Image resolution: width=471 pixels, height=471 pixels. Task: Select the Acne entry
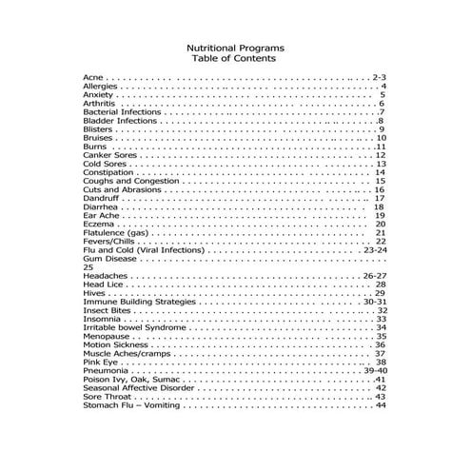click(x=93, y=75)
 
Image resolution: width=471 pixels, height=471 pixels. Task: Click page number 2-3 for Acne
click(x=378, y=75)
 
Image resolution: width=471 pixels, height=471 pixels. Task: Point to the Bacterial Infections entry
click(x=121, y=112)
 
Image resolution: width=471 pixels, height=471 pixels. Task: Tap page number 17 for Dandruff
click(x=379, y=198)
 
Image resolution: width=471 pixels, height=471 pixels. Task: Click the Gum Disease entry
click(x=107, y=258)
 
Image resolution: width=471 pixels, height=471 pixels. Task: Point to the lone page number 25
click(x=88, y=267)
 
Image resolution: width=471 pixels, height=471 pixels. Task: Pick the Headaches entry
click(x=104, y=276)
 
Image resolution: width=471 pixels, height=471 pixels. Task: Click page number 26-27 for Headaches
click(x=375, y=276)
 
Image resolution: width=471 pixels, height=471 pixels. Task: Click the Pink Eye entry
click(x=100, y=362)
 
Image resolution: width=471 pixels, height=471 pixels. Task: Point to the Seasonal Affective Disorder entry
click(x=136, y=387)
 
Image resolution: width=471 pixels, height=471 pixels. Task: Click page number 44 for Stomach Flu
click(x=381, y=404)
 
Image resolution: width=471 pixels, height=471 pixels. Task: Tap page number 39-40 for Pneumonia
click(x=376, y=370)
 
